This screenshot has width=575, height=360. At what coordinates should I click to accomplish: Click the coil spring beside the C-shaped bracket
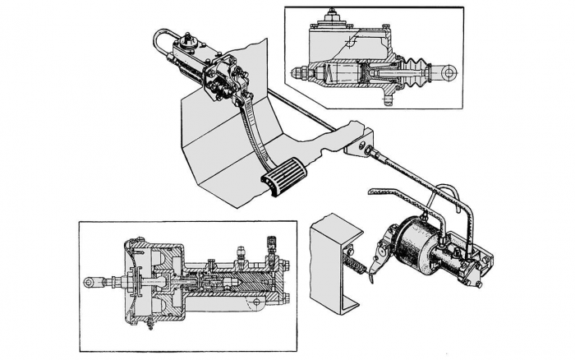356,265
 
